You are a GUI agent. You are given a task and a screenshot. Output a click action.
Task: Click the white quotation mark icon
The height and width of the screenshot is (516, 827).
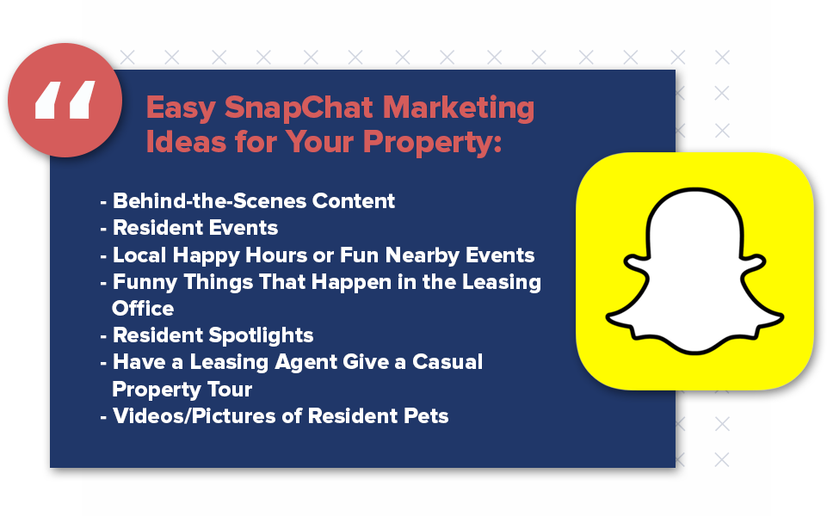[65, 101]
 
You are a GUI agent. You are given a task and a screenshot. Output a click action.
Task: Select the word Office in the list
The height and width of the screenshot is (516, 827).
[143, 308]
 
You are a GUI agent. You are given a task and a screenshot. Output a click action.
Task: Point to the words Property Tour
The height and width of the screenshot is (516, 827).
[182, 390]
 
